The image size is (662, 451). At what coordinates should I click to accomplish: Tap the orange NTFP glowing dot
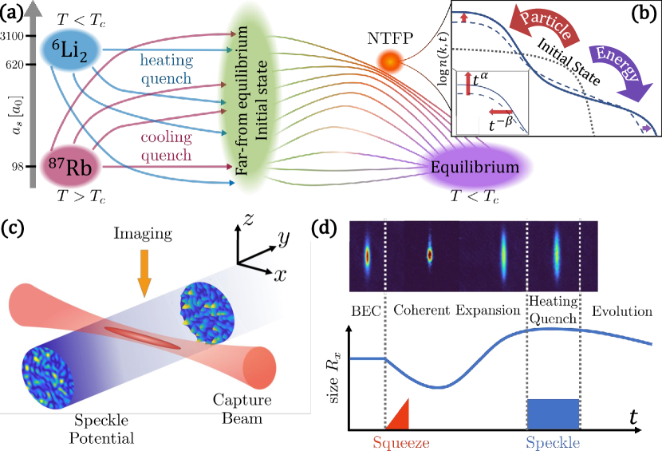pyautogui.click(x=389, y=60)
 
